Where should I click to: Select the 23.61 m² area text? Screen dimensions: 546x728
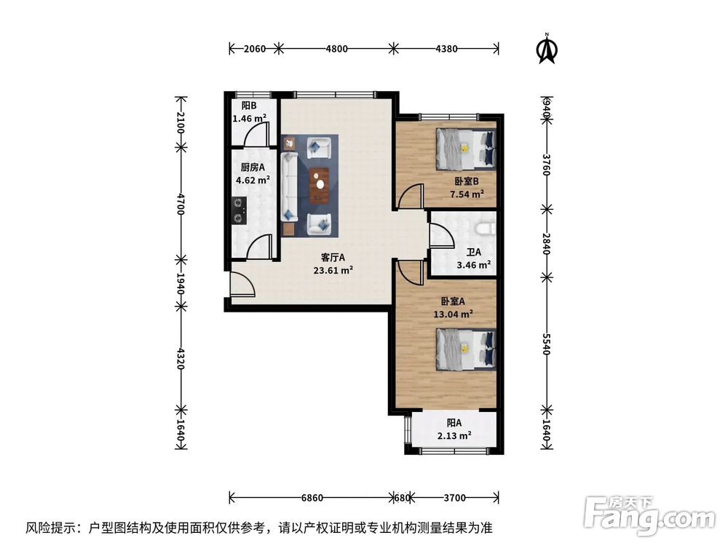333,269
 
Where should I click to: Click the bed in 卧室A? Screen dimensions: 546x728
465,347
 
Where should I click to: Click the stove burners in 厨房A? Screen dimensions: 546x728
238,210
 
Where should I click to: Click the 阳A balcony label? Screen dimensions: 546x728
454,423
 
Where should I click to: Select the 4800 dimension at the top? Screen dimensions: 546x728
336,49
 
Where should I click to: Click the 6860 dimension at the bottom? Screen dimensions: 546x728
312,498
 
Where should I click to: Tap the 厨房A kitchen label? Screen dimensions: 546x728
248,167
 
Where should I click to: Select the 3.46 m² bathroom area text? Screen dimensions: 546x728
473,265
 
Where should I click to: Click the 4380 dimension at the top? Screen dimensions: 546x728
446,49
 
